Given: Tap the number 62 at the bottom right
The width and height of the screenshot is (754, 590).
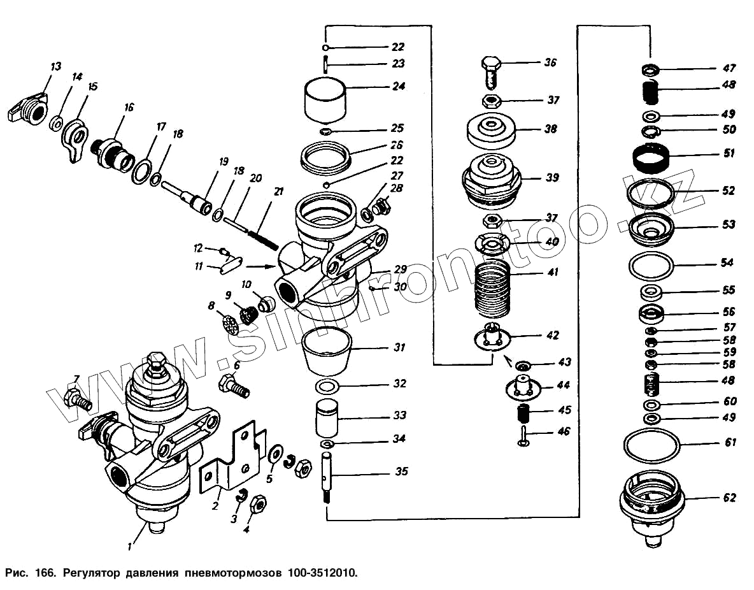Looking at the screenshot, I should coord(729,498).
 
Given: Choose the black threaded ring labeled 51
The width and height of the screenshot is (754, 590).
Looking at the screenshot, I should coord(650,156).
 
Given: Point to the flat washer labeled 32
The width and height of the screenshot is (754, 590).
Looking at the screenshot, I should coord(327,386).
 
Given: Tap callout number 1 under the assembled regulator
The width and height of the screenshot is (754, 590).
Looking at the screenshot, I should coord(129,545).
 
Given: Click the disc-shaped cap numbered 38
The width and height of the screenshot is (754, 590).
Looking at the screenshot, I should coord(490,130).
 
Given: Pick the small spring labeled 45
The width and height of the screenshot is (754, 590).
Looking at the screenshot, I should coord(523,414).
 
